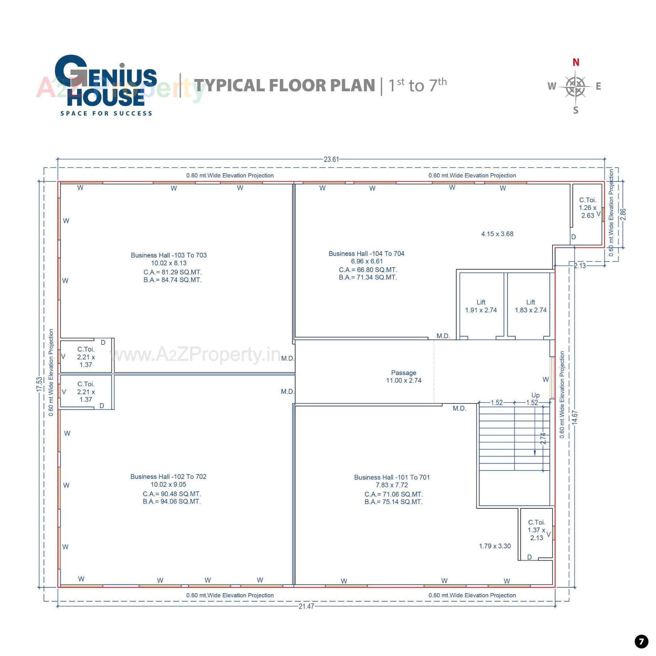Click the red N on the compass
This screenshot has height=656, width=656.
click(x=576, y=63)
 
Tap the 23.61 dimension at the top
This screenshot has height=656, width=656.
click(x=331, y=159)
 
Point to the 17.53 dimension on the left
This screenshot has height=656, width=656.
click(x=40, y=384)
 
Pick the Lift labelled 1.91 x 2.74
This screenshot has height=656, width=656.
click(x=481, y=306)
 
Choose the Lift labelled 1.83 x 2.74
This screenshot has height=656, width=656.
click(x=531, y=306)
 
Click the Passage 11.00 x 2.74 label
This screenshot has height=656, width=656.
click(x=404, y=377)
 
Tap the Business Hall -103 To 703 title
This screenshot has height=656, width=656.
click(x=168, y=255)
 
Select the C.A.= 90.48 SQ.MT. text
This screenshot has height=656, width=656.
click(x=172, y=494)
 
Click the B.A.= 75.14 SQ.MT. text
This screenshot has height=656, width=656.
click(x=393, y=502)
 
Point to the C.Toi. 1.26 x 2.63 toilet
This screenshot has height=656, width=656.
click(x=587, y=208)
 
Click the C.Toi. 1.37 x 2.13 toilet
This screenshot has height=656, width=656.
click(x=536, y=530)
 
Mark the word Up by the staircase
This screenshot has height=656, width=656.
click(x=535, y=395)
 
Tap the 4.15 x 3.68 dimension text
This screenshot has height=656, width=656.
click(x=497, y=234)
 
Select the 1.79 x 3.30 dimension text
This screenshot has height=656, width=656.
click(x=495, y=546)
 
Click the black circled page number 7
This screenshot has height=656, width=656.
click(x=641, y=641)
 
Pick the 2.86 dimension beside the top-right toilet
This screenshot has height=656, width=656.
click(x=623, y=214)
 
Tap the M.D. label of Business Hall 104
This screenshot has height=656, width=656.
click(x=443, y=336)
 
